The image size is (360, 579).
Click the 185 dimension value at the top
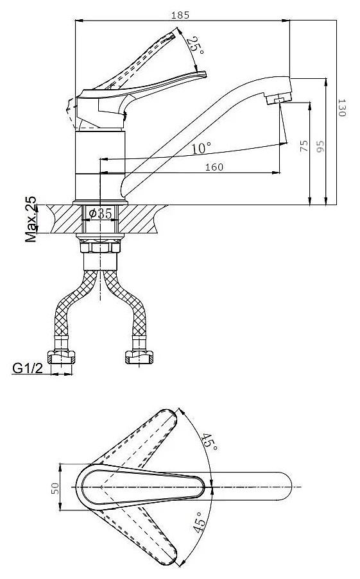click(x=180, y=15)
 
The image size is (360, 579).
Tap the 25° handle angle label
click(x=195, y=46)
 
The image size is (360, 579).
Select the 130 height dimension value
click(x=341, y=108)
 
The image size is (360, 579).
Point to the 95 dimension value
click(x=320, y=146)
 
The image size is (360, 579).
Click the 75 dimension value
click(x=304, y=146)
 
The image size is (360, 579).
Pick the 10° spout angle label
click(x=201, y=148)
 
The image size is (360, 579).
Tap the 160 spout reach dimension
click(x=214, y=167)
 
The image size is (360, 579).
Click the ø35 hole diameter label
click(x=100, y=213)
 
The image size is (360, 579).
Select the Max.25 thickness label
click(x=31, y=219)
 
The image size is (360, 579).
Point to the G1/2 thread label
click(x=28, y=368)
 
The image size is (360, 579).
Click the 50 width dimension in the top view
click(x=55, y=489)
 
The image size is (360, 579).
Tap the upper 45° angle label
click(x=209, y=442)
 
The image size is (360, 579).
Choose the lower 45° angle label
click(x=198, y=522)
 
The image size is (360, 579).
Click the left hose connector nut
click(x=61, y=357)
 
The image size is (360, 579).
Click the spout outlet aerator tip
click(x=279, y=99)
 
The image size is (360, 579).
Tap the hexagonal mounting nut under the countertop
click(x=100, y=246)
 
